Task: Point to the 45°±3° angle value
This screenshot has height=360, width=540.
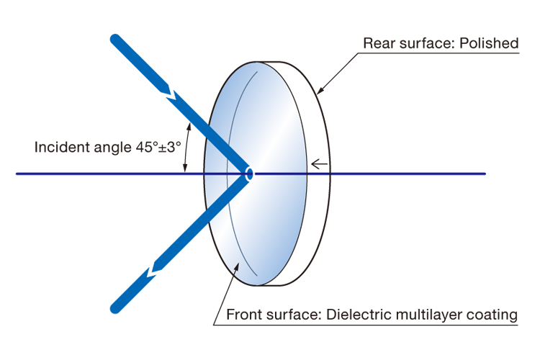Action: pos(158,147)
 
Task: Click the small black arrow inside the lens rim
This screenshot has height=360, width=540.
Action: pos(319,164)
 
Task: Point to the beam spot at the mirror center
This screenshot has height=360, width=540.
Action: pos(249,174)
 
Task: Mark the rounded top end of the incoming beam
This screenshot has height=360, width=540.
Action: pos(114,39)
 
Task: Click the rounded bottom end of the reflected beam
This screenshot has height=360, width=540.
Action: pos(115,308)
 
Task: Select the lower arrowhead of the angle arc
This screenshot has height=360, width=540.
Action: pos(185,168)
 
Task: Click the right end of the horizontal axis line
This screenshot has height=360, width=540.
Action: pos(485,174)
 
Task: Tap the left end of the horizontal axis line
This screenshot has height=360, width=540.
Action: pos(17,174)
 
